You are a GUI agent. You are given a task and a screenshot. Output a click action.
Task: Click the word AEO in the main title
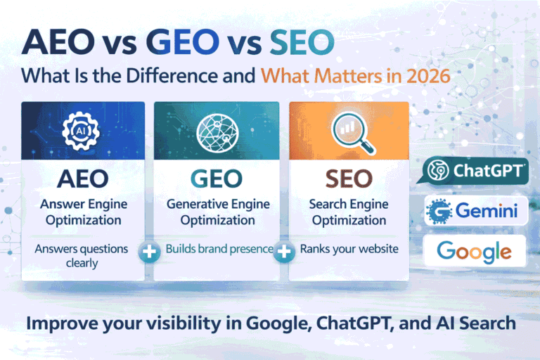click(x=65, y=42)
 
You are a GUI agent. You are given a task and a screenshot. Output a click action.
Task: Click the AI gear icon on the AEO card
click(x=82, y=131)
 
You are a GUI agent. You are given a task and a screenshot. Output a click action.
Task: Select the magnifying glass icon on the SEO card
click(x=349, y=131)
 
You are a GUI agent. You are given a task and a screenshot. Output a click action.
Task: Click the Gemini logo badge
click(x=475, y=211)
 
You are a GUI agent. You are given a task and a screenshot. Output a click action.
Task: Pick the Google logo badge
click(x=475, y=251)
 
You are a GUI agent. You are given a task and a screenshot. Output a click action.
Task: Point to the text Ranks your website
click(x=349, y=248)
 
